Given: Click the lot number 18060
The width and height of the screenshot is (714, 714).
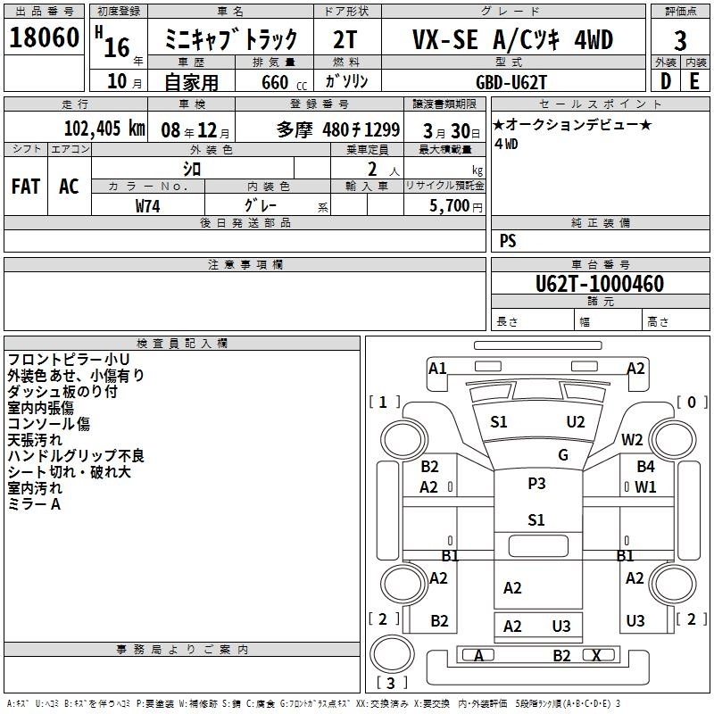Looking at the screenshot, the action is coord(44,37).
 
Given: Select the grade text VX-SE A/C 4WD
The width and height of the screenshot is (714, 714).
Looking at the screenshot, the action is coord(512,39).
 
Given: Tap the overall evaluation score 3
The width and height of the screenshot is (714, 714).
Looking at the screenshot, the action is coord(680,41).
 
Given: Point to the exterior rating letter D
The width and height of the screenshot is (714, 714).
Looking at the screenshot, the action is coord(665,81).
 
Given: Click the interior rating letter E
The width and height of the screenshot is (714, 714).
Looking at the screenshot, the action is coord(694,81).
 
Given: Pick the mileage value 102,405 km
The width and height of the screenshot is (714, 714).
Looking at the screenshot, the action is coord(104,129).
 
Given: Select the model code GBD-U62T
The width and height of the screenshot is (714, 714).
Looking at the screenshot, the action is coord(511,82).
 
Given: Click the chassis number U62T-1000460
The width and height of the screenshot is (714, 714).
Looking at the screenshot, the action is coord(600,284).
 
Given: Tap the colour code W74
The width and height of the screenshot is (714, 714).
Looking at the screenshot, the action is coord(147,206).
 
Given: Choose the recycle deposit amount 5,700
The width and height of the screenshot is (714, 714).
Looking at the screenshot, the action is coord(449,206).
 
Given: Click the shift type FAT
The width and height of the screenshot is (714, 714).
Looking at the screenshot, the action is coord(26,187).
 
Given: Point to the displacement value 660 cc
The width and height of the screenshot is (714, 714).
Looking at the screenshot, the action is coord(284,82).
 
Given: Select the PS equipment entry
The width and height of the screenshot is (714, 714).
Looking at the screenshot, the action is coord(508,241).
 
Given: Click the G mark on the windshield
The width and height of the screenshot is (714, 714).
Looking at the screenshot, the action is coord(563,454).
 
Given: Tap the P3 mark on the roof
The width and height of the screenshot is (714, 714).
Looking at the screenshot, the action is coord(536,483).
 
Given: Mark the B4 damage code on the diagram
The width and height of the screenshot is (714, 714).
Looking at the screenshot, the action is coord(645,466).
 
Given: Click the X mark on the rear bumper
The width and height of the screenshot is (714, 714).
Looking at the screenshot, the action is coord(596,655).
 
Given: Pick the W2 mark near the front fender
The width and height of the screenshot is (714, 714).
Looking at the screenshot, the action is coord(632,440).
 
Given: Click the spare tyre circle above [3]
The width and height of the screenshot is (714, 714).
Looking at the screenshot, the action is coord(392,653).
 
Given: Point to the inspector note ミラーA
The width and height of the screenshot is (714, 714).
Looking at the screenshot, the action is coord(34,504).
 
